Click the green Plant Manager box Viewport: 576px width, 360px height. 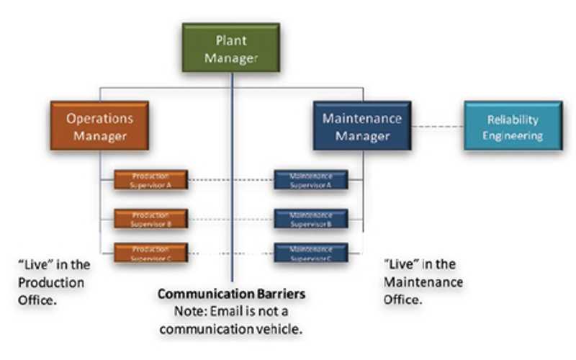click(230, 49)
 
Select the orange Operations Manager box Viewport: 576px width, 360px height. click(100, 126)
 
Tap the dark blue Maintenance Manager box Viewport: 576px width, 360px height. click(362, 126)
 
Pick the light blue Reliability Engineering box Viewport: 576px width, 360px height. click(513, 127)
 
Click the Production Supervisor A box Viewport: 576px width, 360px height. click(151, 180)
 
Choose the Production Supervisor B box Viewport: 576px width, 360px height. click(151, 219)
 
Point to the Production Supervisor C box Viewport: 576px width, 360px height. click(151, 253)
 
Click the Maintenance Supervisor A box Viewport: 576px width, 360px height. click(310, 180)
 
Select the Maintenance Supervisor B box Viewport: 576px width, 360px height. click(310, 219)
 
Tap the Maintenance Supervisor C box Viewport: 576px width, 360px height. click(310, 253)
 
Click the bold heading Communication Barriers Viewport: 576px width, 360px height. click(232, 294)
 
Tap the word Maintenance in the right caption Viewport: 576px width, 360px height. click(423, 282)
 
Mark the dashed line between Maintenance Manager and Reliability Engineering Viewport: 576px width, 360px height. click(437, 127)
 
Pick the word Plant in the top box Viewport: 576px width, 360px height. click(231, 40)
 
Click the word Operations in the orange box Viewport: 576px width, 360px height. click(100, 118)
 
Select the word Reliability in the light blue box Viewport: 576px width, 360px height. click(513, 120)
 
